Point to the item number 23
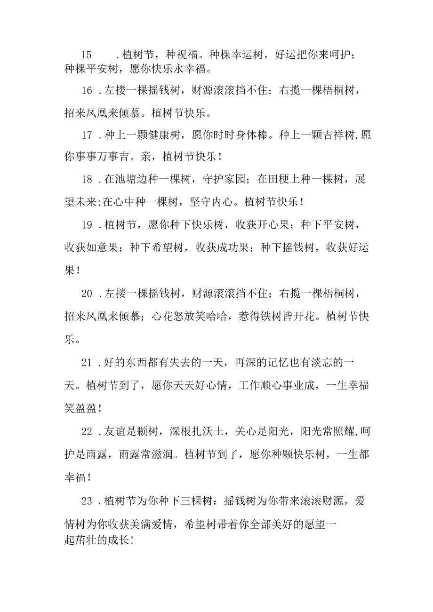point(87,501)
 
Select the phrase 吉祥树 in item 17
point(331,135)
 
